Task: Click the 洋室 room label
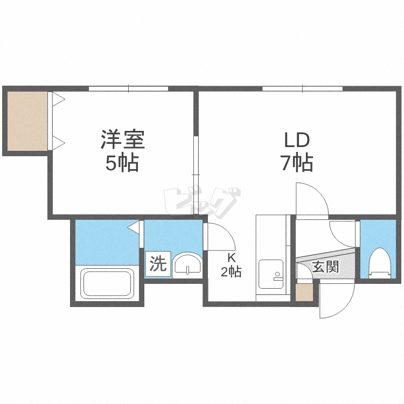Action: tap(122, 140)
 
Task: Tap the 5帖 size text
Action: tap(122, 162)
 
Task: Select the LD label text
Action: tap(297, 140)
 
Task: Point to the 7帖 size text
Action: tap(297, 162)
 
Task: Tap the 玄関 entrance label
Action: tap(325, 266)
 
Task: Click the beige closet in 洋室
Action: tap(26, 121)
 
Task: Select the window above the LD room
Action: tap(302, 88)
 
